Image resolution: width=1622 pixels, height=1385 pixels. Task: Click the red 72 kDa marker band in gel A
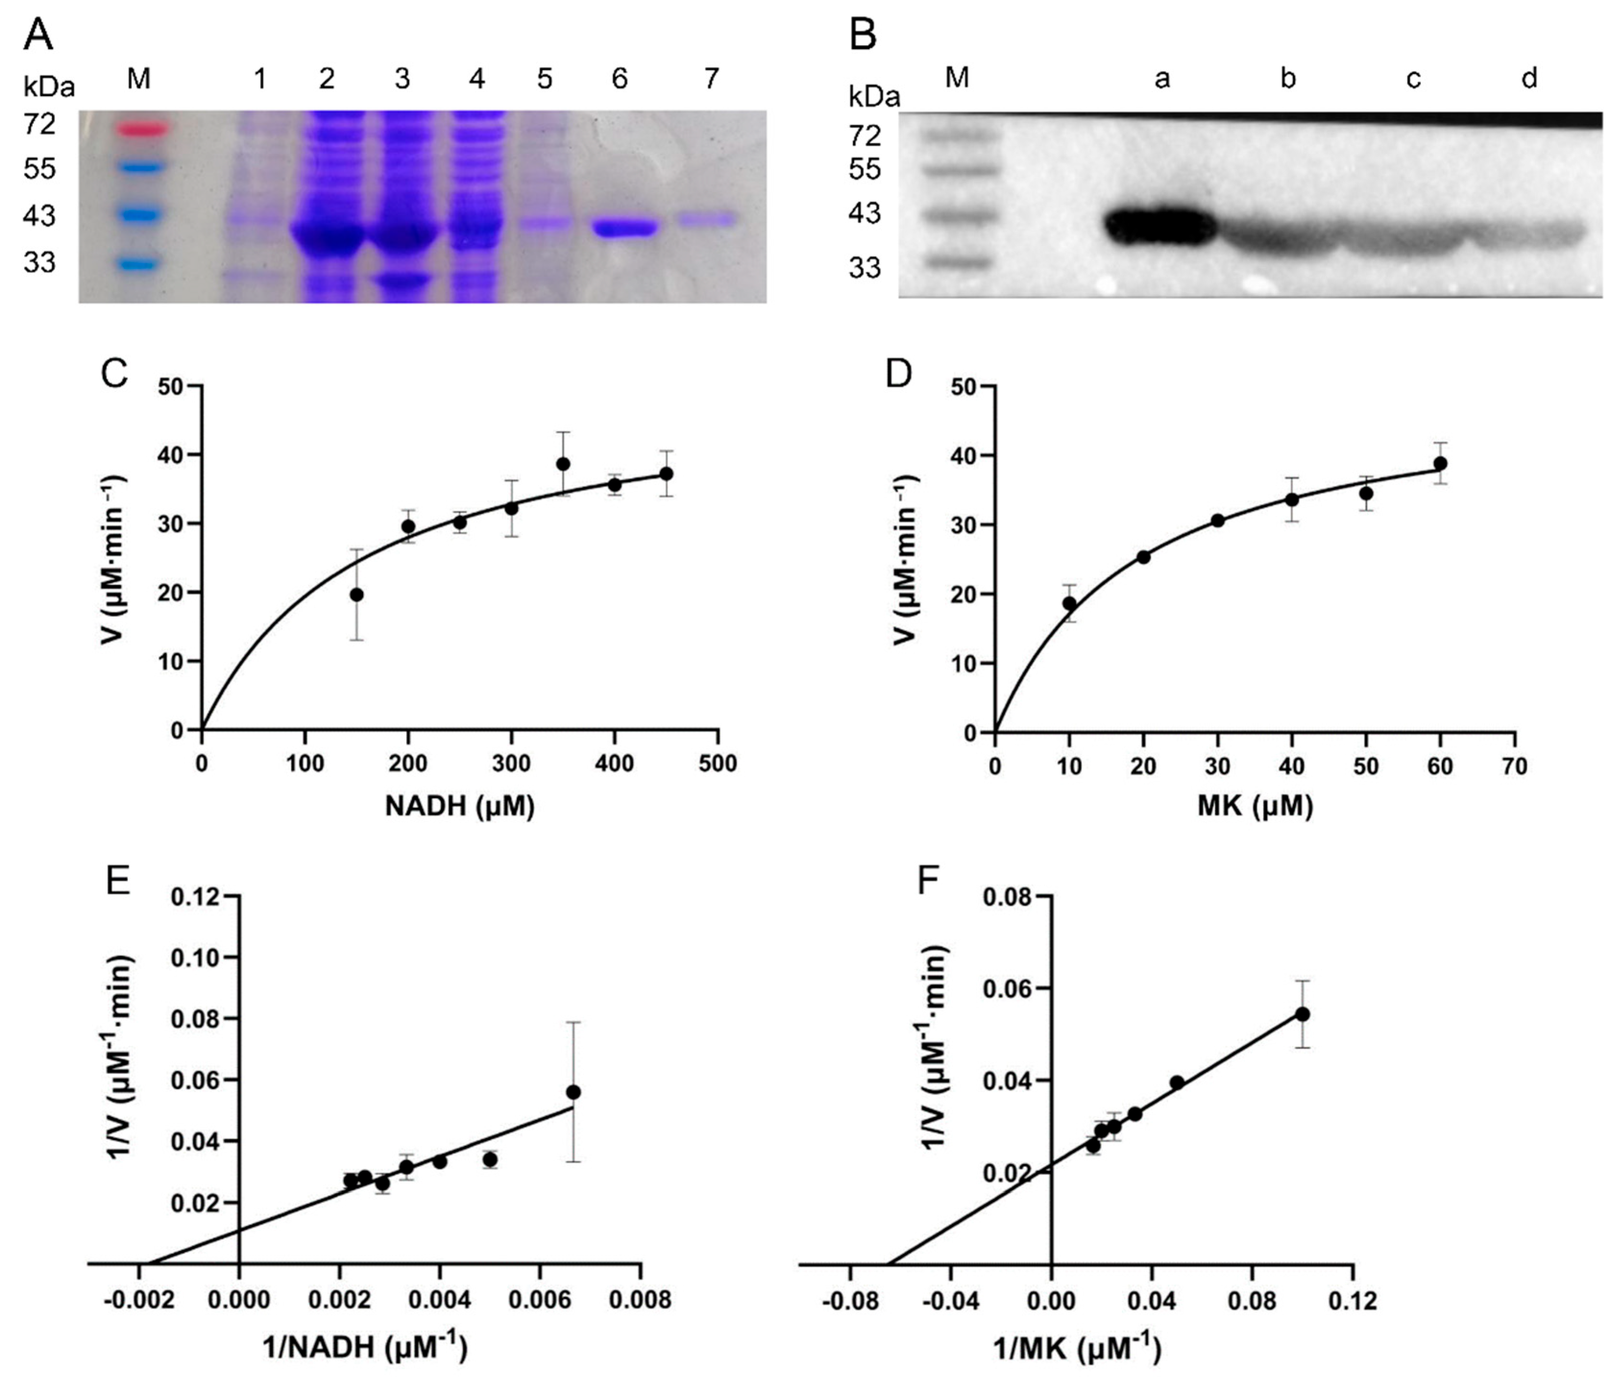tap(143, 128)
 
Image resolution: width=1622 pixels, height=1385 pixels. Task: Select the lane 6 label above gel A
tap(619, 79)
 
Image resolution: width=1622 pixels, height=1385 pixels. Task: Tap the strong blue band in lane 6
tap(624, 228)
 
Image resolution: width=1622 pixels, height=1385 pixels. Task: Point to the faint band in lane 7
tap(708, 220)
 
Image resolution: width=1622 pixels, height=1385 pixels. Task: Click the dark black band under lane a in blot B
tap(1161, 227)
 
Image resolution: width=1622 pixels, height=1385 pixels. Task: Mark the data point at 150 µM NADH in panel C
tap(356, 595)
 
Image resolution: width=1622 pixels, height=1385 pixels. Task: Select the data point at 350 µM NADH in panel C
tap(563, 464)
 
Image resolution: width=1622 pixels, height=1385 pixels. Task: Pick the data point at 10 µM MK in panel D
tap(1069, 603)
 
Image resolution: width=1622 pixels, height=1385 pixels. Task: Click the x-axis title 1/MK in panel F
tap(1077, 1348)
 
